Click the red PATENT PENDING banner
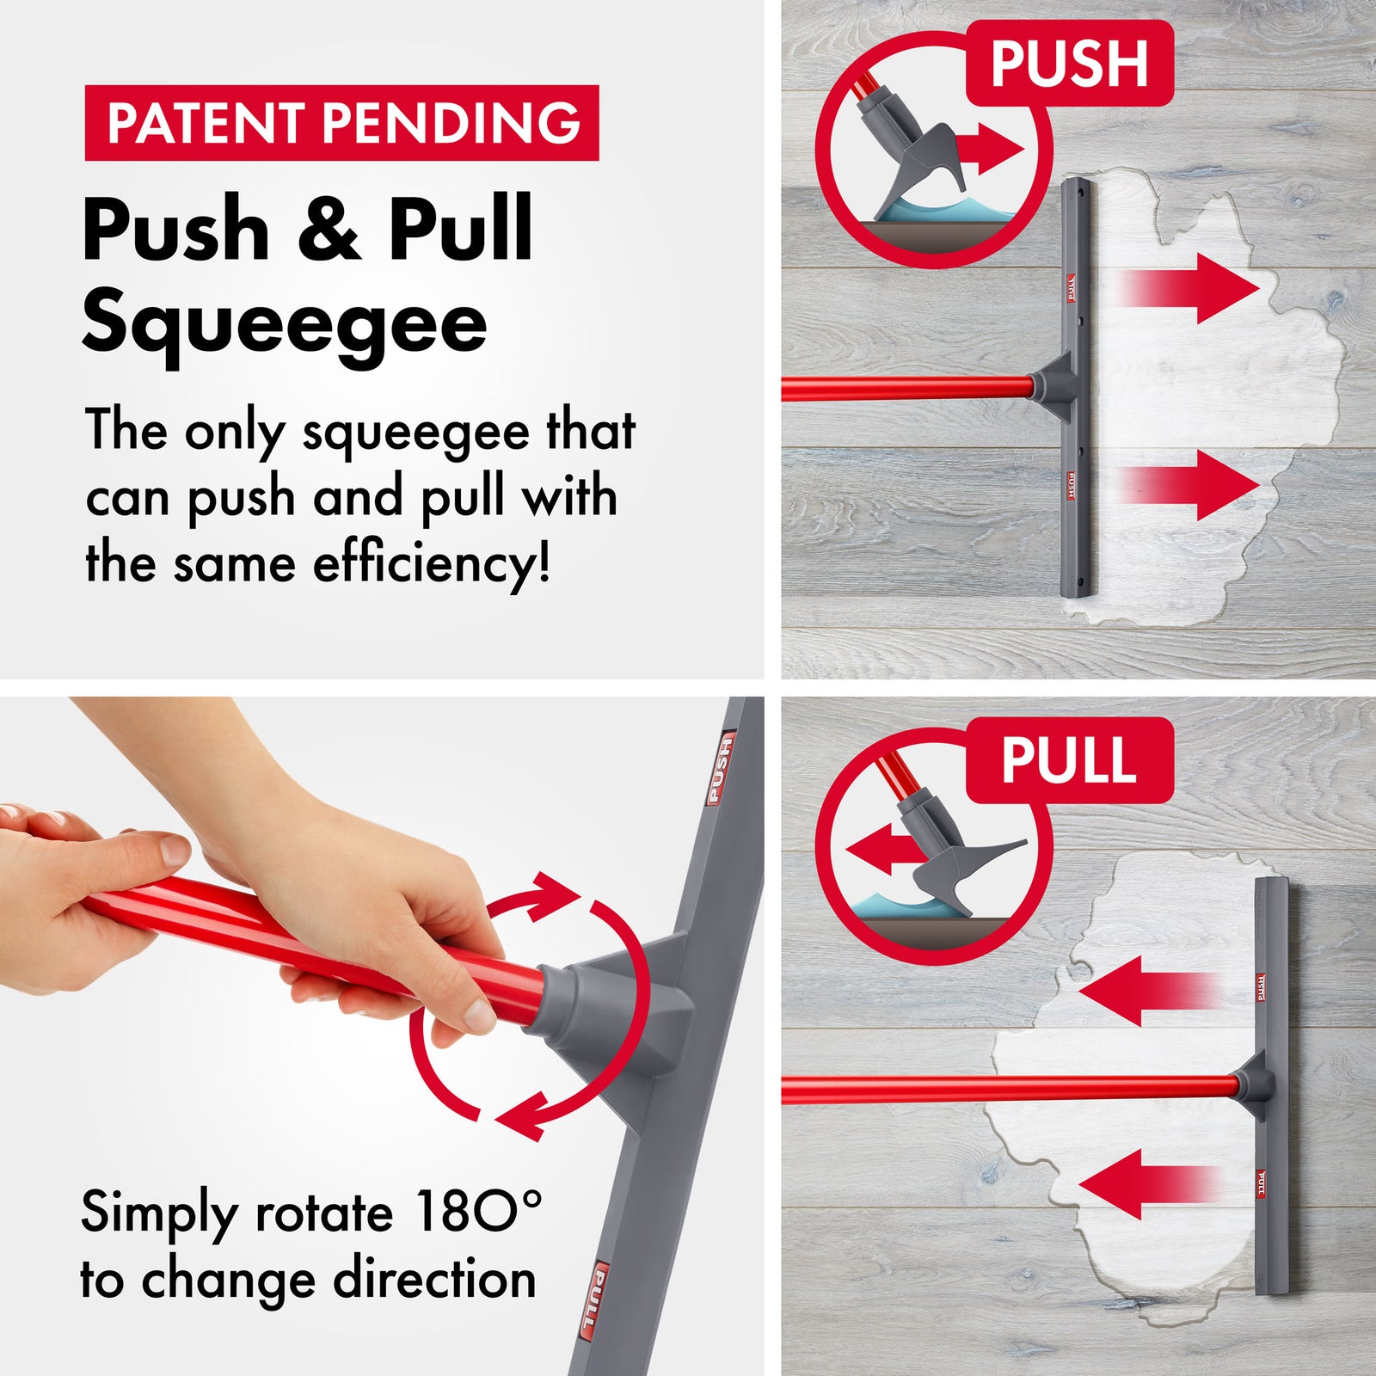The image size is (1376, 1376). click(x=341, y=122)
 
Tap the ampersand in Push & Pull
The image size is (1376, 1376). click(x=329, y=230)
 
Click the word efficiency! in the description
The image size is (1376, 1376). click(x=431, y=565)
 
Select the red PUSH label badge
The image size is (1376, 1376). click(x=1069, y=63)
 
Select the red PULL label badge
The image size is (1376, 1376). click(x=1069, y=760)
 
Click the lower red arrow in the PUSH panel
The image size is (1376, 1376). click(x=1195, y=485)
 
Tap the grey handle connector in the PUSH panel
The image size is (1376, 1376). click(x=1054, y=384)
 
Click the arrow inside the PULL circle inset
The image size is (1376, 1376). click(x=881, y=850)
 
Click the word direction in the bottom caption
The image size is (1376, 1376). click(x=435, y=1279)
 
